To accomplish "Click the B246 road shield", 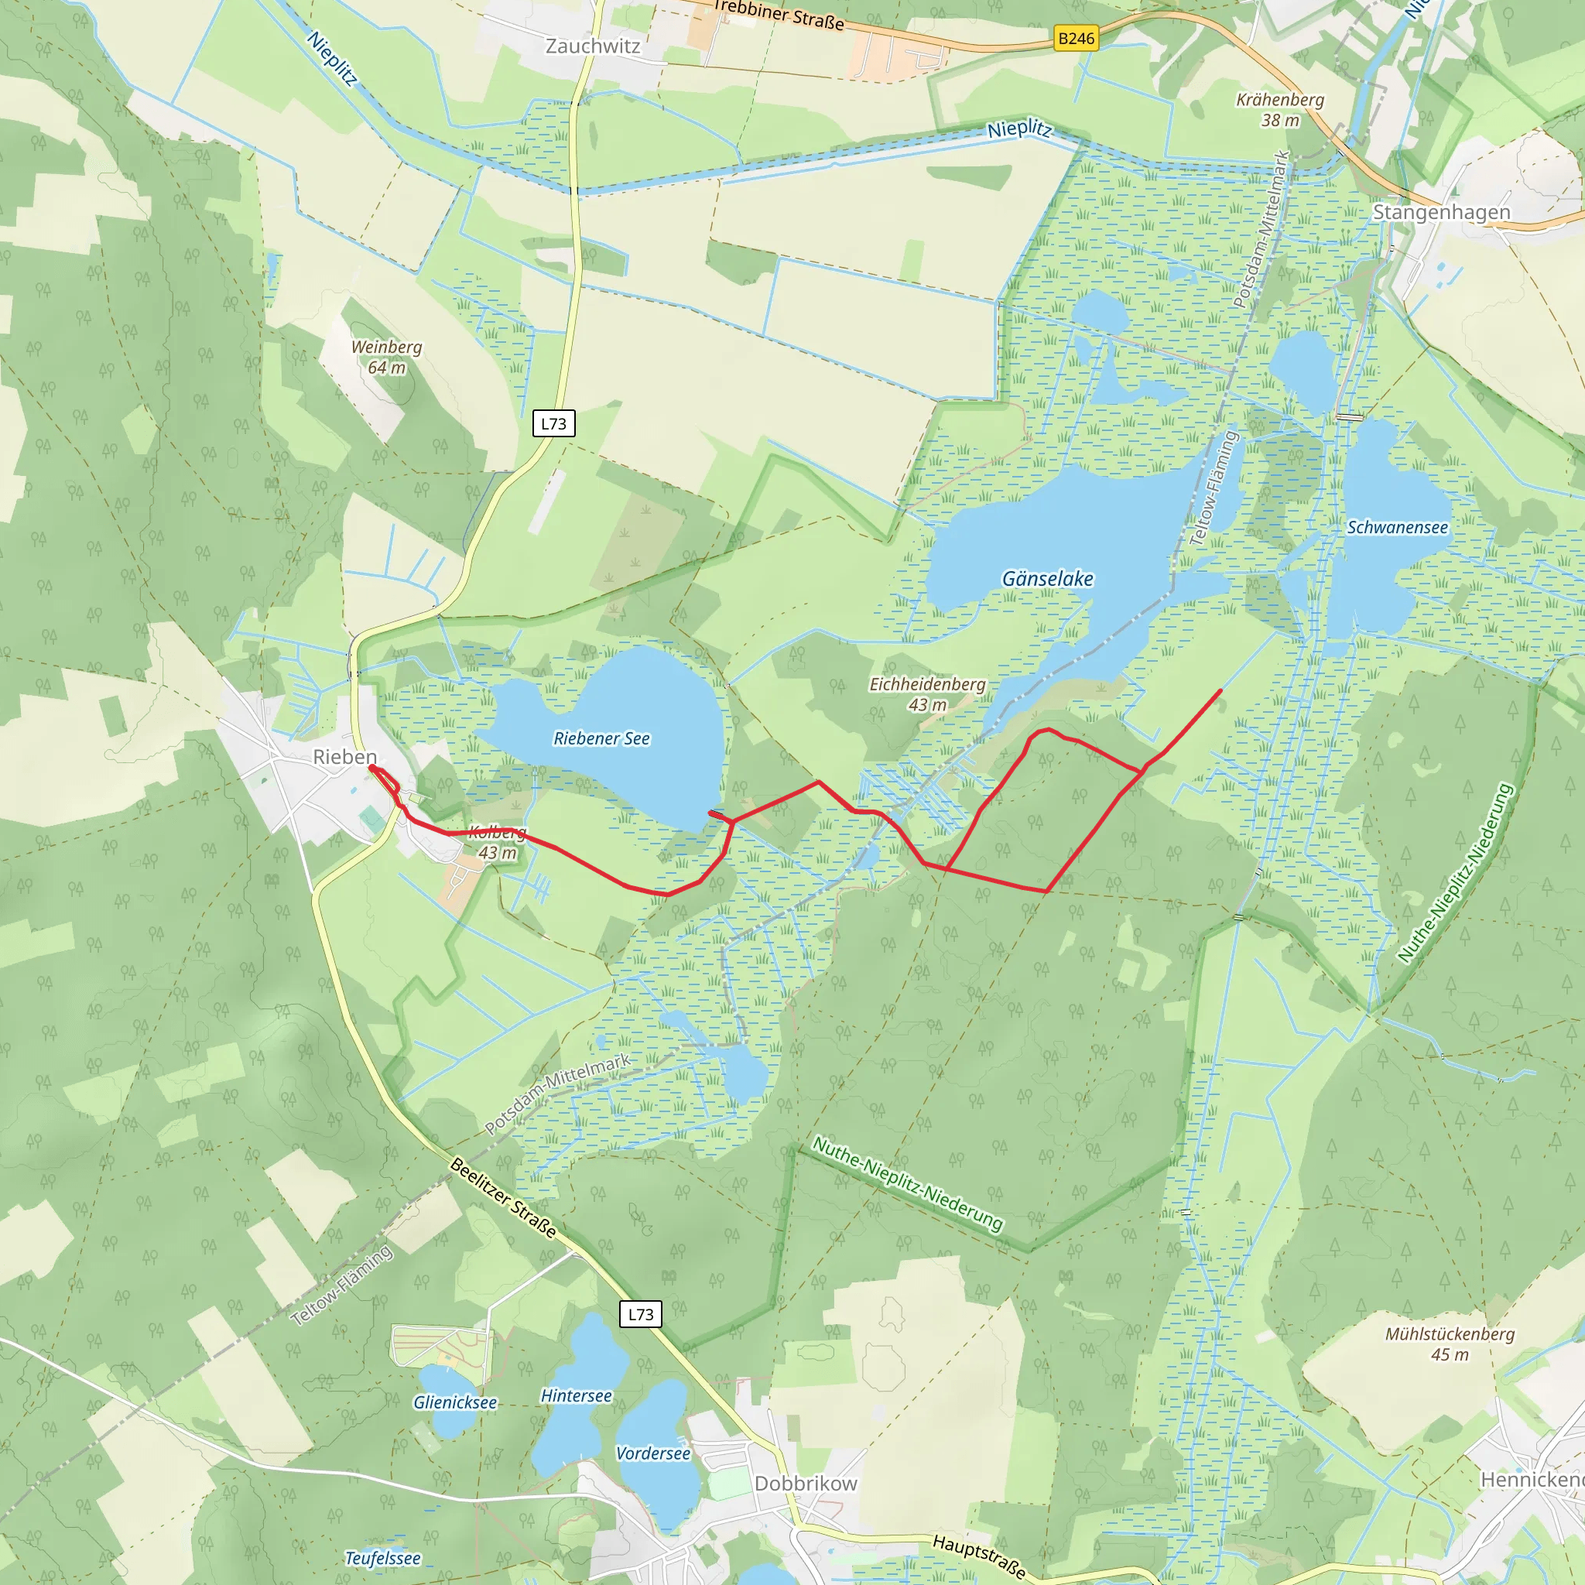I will (1076, 39).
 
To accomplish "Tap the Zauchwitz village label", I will (592, 46).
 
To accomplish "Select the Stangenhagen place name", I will (1441, 213).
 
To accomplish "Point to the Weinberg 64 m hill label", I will (386, 357).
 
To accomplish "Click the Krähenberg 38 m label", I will (1280, 110).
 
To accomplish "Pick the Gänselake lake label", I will (1048, 579).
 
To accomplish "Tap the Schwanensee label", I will (1397, 528).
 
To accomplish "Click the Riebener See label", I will (601, 738).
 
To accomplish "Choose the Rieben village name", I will (344, 756).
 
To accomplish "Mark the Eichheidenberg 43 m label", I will (927, 694).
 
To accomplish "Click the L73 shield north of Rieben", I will (554, 423).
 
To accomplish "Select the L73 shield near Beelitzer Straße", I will (641, 1314).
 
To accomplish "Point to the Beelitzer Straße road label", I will (504, 1198).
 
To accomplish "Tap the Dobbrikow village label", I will (806, 1484).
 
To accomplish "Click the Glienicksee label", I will (454, 1402).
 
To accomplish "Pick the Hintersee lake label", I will (576, 1395).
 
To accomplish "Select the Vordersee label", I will (653, 1453).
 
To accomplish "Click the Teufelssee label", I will (382, 1558).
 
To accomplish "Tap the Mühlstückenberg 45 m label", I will (1450, 1344).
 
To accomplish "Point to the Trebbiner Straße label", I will (779, 15).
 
